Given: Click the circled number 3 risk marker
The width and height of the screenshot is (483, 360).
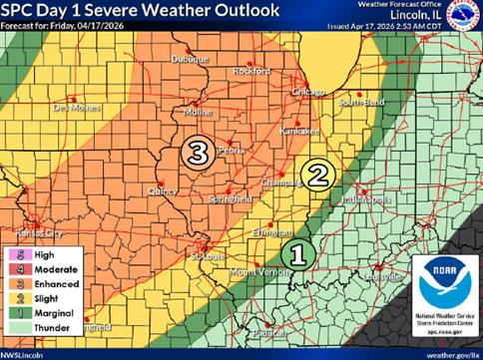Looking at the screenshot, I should click(198, 153).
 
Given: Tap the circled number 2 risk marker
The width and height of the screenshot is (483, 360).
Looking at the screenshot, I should click(316, 175).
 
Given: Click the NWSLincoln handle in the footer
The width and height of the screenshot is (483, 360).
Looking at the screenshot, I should click(28, 353).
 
